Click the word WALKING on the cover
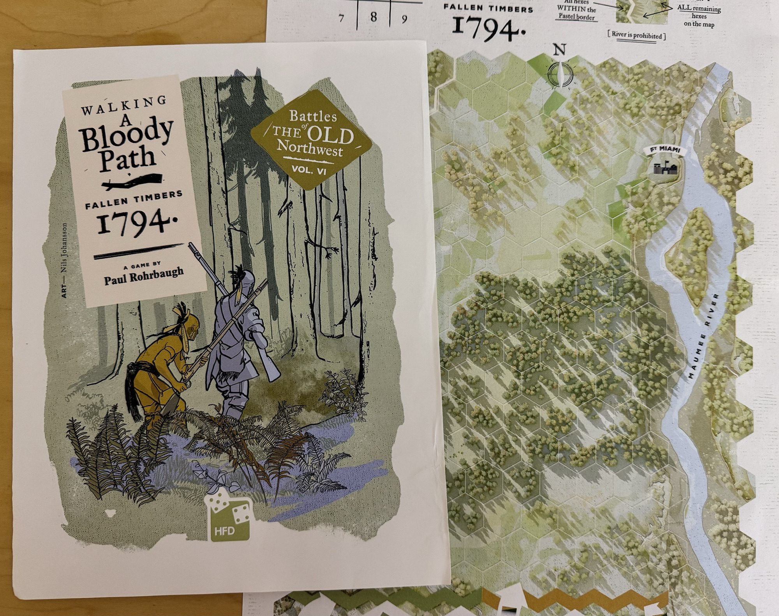(123, 105)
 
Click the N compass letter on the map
(560, 50)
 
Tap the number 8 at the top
(374, 17)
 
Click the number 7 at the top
(342, 18)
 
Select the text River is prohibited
(636, 35)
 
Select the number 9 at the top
(404, 18)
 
